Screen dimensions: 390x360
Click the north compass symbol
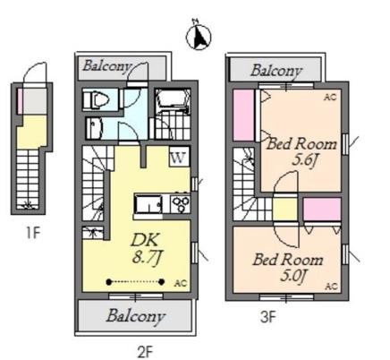coord(199,36)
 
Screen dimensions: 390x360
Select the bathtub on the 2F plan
coord(173,100)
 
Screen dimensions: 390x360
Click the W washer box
coord(180,157)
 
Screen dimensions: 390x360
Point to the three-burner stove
coord(181,203)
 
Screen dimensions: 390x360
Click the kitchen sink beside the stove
coord(148,204)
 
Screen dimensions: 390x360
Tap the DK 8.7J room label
coord(147,248)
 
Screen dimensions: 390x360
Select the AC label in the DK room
coord(181,283)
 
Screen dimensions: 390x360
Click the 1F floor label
coord(33,233)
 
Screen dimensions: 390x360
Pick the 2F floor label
coord(145,353)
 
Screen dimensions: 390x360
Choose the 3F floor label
coord(267,317)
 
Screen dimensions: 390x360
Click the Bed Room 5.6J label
coord(301,153)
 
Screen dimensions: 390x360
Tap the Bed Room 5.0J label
coord(288,267)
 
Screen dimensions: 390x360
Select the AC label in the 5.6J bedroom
coord(330,98)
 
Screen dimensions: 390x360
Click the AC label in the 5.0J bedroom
coord(331,287)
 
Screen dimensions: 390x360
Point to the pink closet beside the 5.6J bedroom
coord(243,115)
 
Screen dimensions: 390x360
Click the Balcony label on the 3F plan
coord(276,71)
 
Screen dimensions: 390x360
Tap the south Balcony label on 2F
coord(136,316)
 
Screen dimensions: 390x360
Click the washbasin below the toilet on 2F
coord(94,128)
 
